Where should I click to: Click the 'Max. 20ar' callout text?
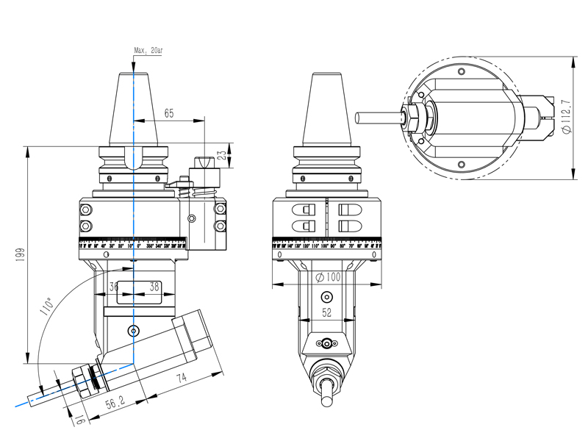pos(149,51)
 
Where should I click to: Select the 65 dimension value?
pos(169,113)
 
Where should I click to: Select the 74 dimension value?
pos(181,378)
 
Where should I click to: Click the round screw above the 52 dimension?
pos(326,297)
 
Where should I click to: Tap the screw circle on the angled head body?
pos(133,330)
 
